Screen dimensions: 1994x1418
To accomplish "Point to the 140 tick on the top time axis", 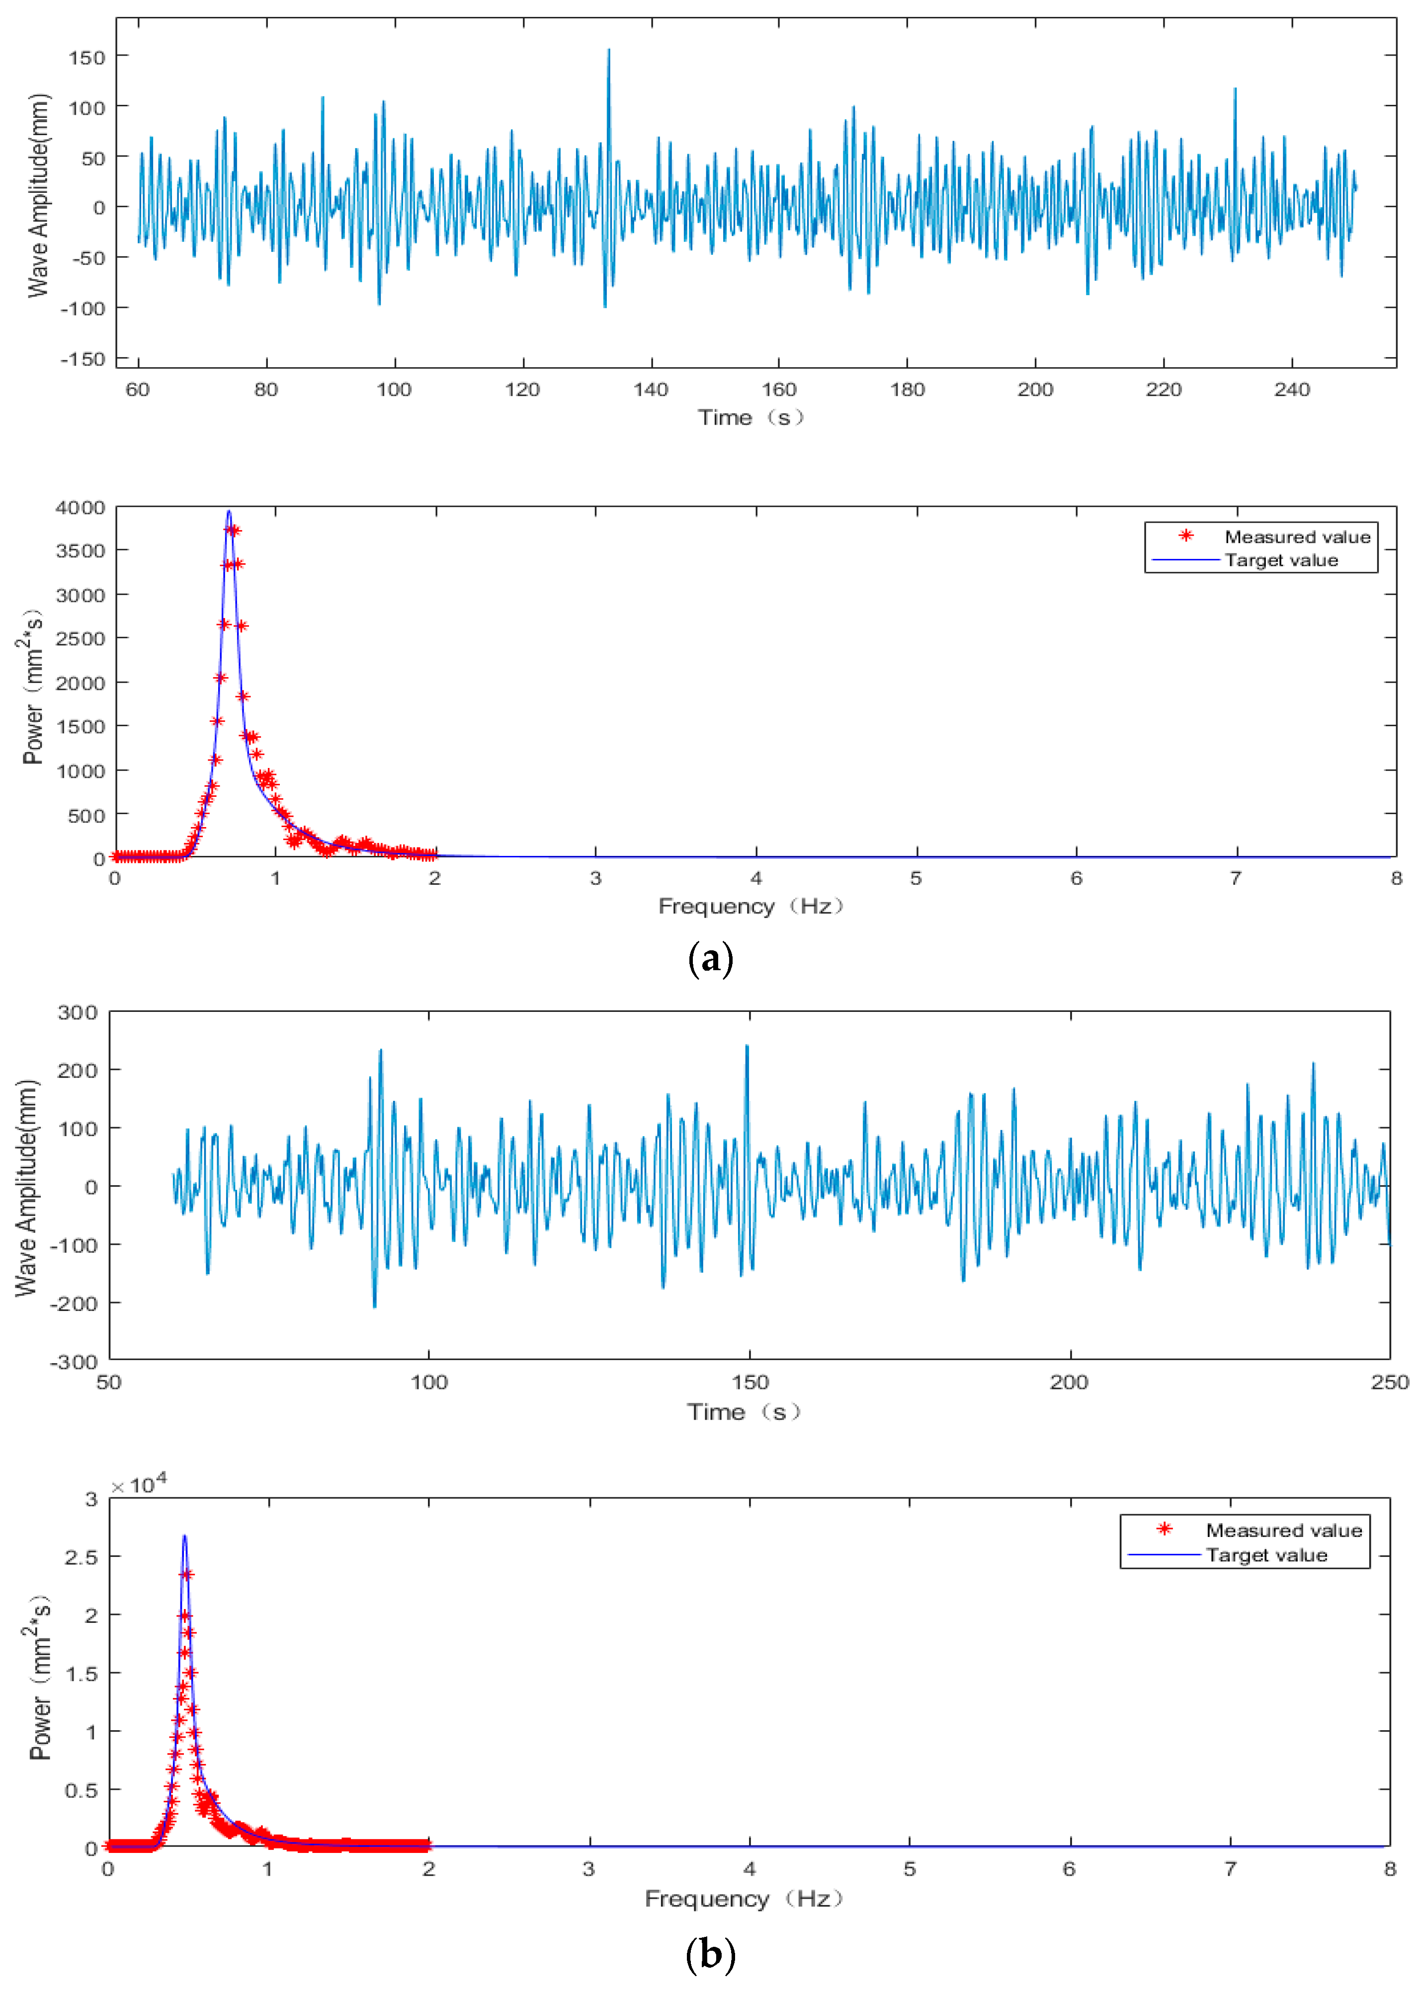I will click(651, 389).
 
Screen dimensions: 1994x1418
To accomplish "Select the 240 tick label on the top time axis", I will click(1291, 389).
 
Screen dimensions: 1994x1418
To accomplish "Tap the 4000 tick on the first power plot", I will click(81, 508).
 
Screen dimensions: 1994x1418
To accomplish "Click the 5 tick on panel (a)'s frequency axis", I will click(916, 878).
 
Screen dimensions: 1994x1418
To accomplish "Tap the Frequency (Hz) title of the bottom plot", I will click(743, 1899).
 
